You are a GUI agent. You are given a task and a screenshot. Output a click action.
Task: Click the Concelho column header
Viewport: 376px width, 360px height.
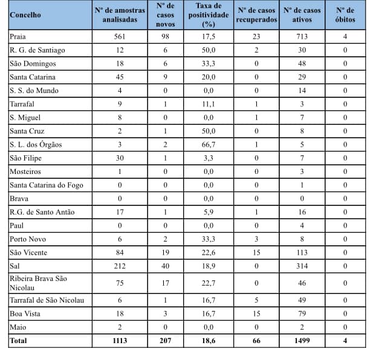[25, 14]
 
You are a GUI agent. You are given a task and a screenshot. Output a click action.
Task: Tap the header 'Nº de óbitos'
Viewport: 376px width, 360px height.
[345, 14]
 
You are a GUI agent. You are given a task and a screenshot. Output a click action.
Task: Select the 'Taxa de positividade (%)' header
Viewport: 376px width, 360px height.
[209, 14]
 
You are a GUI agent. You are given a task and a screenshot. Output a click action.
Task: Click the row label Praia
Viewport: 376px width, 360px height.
[18, 36]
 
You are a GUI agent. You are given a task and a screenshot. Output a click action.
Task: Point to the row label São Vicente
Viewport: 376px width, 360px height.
[28, 252]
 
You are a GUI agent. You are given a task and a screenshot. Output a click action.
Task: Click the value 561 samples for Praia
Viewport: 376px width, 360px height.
[120, 36]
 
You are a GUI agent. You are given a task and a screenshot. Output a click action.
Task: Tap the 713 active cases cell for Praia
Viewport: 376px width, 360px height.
[302, 36]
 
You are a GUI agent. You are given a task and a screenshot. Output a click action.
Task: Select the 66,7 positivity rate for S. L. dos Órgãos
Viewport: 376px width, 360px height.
[209, 144]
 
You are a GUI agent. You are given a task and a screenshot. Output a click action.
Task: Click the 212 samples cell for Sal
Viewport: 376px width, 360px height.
[120, 266]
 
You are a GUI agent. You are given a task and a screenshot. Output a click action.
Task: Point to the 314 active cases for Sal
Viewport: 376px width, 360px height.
[302, 266]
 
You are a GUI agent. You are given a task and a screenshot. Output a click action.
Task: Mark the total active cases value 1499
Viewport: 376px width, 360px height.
[302, 341]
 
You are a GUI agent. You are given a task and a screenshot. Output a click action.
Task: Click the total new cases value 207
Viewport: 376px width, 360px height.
[164, 341]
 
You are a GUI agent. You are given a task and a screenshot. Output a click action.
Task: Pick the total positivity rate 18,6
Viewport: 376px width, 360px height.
[209, 341]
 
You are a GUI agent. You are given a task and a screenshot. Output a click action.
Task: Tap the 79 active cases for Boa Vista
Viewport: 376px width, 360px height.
[302, 314]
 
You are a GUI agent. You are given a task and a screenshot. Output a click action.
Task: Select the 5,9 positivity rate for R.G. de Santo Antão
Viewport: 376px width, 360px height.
[209, 212]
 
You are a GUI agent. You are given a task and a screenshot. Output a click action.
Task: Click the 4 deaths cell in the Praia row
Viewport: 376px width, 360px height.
[345, 36]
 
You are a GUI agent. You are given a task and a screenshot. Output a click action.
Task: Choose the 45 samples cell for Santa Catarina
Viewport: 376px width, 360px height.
[120, 77]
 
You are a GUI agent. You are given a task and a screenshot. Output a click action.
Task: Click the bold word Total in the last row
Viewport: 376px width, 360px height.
[19, 341]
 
